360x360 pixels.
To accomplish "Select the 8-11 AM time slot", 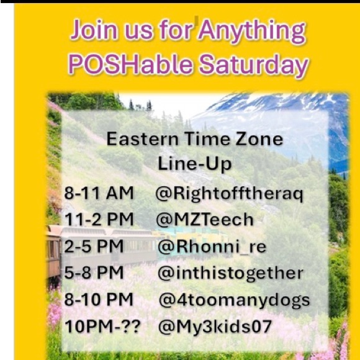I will point(99,194).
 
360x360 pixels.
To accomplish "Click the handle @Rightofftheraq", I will point(230,194).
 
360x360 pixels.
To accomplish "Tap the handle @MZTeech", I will point(205,220).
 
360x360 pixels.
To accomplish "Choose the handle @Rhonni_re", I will point(212,246).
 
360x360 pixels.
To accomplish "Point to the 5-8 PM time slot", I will point(93,273).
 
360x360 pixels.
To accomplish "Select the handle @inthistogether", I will point(230,273).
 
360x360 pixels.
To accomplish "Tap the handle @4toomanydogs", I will point(234,300).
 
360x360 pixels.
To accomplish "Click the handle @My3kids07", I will point(215,326).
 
